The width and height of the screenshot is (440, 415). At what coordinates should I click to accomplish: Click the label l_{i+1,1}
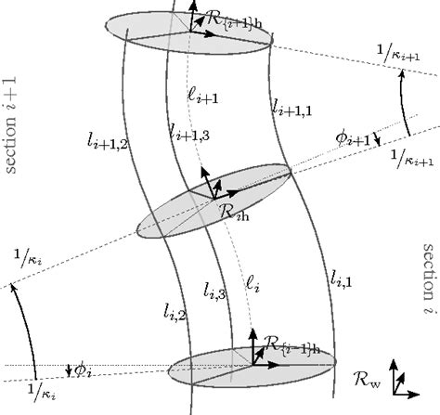pyautogui.click(x=291, y=109)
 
